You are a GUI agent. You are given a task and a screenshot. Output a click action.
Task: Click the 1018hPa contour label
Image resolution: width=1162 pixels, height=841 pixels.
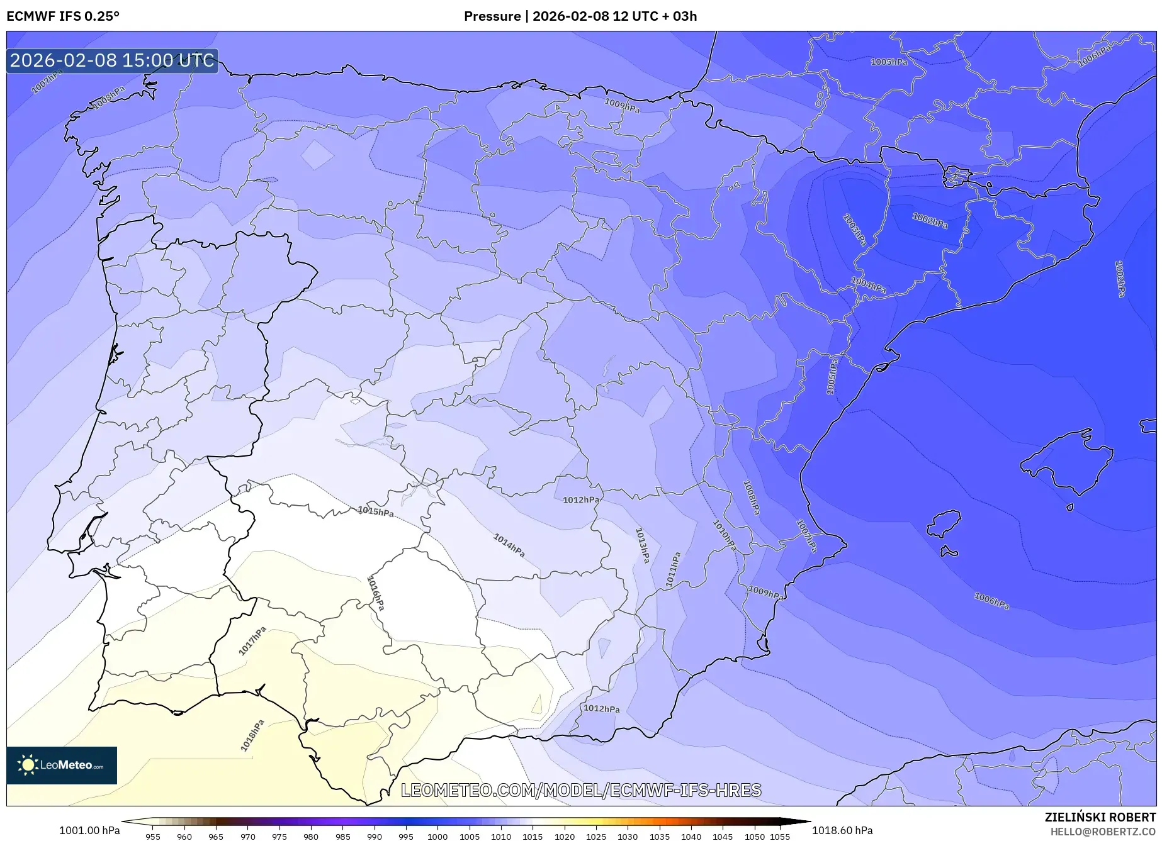252,735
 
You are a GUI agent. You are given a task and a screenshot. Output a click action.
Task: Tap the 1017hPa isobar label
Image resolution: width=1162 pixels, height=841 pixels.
252,641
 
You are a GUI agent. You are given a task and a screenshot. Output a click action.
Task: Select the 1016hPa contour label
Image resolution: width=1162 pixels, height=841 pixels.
375,593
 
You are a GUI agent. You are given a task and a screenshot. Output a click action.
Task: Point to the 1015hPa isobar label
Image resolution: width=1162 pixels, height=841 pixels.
376,511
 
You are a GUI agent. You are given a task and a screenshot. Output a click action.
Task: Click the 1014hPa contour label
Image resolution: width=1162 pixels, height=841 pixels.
509,545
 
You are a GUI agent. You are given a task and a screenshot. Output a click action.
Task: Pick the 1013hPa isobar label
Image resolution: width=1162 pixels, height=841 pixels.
642,545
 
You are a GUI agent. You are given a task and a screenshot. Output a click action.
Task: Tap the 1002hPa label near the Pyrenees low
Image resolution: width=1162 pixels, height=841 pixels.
930,220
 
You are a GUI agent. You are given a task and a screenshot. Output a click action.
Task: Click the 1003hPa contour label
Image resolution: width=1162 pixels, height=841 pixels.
854,230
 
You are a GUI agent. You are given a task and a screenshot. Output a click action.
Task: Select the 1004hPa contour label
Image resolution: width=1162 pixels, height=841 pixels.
869,284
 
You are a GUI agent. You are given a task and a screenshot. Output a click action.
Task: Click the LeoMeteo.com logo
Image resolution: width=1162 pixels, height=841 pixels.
62,765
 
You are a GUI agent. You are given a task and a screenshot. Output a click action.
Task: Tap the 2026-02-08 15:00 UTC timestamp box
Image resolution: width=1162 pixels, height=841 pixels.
113,60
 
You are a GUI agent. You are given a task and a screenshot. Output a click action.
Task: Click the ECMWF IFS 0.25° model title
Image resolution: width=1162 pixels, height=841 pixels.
63,16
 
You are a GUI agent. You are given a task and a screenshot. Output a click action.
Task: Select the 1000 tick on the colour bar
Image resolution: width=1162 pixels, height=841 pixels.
437,836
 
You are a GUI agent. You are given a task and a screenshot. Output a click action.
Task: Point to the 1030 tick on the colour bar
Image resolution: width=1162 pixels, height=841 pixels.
628,836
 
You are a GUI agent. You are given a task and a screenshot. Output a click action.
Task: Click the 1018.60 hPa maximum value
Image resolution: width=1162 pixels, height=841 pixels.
842,830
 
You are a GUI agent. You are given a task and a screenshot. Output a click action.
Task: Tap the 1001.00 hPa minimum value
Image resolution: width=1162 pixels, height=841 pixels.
89,830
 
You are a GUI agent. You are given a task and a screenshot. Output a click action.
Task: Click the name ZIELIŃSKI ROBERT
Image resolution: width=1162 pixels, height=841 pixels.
1100,817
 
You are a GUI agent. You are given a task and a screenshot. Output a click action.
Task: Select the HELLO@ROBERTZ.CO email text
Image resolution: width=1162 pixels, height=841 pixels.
1102,832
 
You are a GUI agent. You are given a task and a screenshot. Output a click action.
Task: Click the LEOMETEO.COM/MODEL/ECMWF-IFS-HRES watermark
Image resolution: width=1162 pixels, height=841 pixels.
581,790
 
